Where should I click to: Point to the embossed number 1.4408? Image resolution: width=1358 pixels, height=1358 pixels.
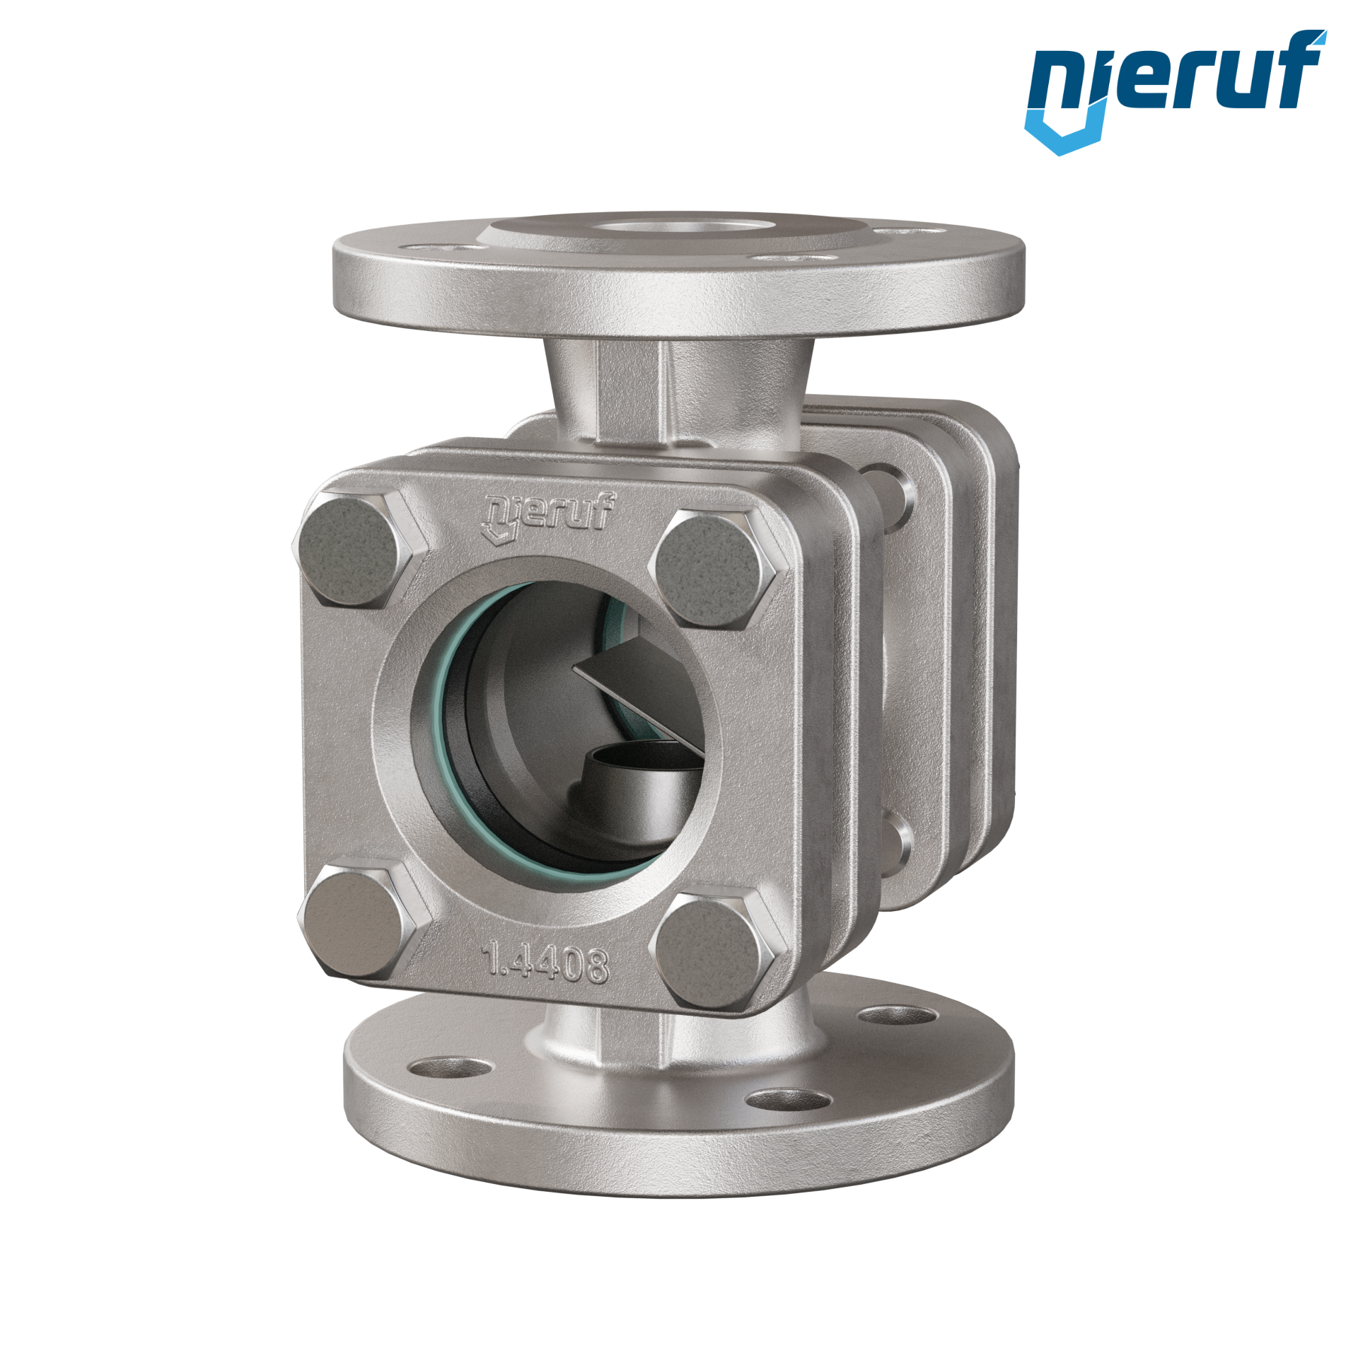click(x=545, y=963)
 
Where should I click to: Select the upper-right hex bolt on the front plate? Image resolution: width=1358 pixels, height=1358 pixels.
click(x=720, y=568)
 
